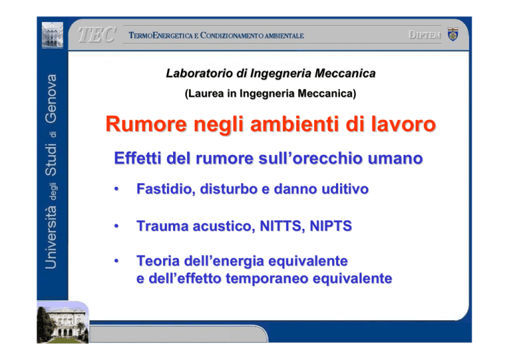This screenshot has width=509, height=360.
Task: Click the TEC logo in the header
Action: point(97,34)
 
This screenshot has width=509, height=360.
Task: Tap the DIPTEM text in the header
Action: point(425,34)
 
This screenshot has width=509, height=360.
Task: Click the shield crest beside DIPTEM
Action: point(453,34)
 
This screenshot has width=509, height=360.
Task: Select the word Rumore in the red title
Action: point(146,124)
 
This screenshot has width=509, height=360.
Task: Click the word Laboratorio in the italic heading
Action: point(199,74)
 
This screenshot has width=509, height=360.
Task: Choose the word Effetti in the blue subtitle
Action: point(138,158)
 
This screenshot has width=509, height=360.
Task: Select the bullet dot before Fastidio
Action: point(116,189)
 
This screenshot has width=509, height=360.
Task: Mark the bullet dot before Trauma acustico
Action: point(116,226)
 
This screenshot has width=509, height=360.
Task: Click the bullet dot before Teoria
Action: point(116,261)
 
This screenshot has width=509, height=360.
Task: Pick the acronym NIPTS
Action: point(331,226)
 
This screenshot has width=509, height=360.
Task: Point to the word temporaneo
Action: point(267,278)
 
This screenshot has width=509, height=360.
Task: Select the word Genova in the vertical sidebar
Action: point(51,99)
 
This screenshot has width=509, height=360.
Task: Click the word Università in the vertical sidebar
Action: point(51,237)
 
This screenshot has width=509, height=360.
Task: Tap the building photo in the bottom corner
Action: point(63,322)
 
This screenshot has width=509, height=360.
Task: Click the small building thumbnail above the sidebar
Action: point(52,34)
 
